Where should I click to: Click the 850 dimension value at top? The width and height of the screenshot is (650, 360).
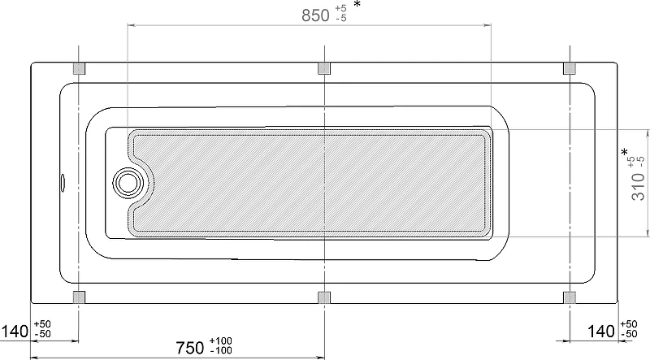click(315, 15)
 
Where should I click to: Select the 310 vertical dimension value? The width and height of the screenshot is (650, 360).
click(638, 186)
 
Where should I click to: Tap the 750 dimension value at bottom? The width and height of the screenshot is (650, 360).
click(190, 348)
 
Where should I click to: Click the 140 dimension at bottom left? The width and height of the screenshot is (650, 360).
click(15, 332)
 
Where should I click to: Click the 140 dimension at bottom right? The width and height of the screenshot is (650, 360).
click(601, 332)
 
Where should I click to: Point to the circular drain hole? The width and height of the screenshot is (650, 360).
click(128, 183)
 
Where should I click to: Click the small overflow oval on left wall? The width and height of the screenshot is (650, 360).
click(63, 183)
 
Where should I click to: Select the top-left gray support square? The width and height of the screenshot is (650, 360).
click(79, 68)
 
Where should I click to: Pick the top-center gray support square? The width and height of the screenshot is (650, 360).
click(324, 68)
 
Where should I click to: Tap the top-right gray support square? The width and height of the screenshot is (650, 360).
click(570, 68)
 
